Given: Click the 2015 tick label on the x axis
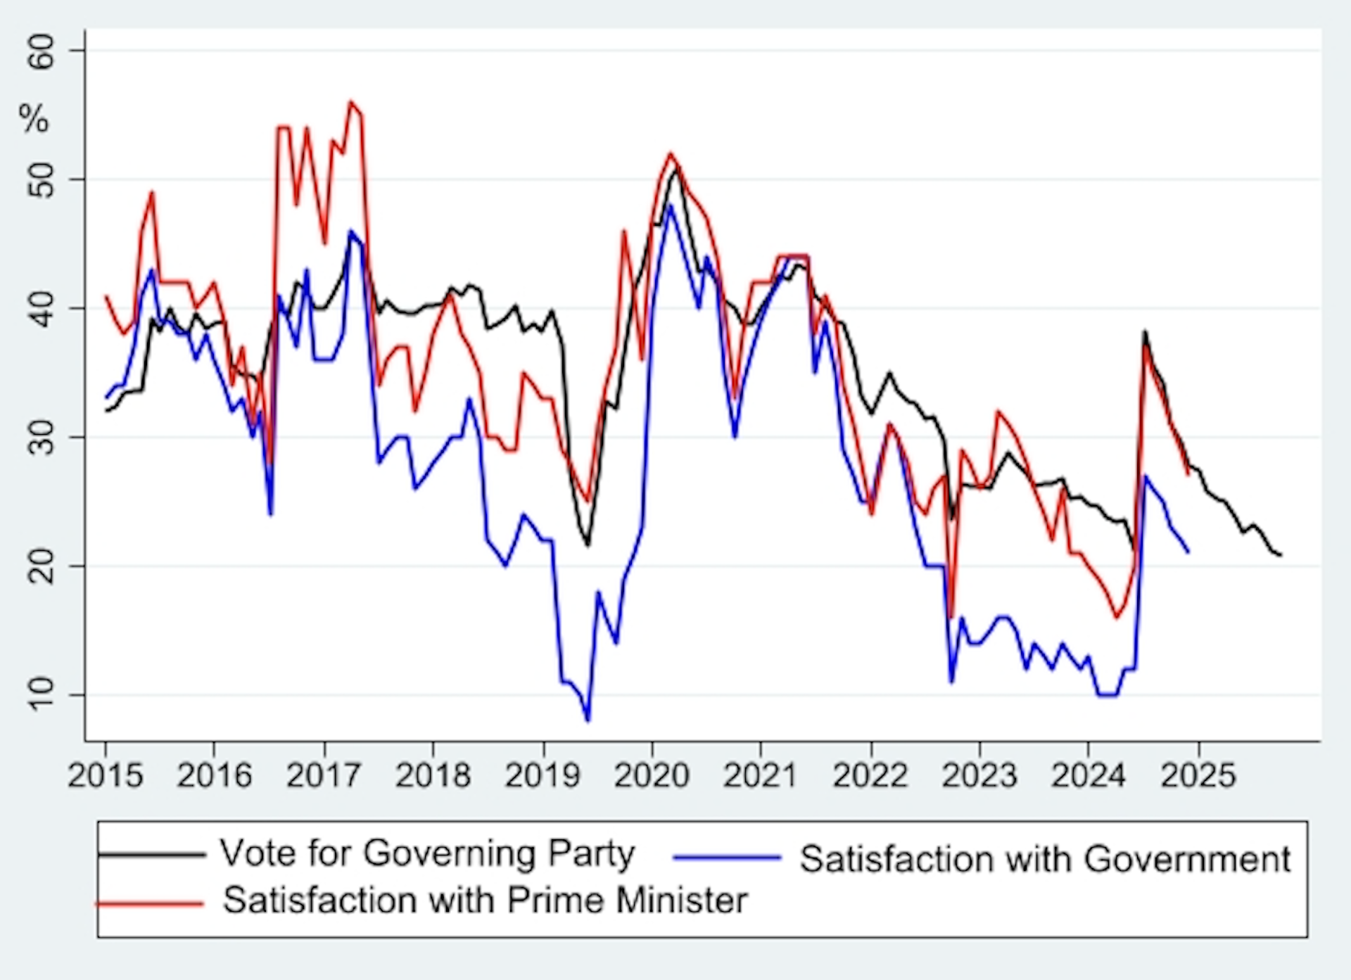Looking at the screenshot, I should (106, 775).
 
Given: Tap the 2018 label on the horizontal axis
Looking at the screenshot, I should (433, 775).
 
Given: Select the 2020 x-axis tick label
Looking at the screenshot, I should (652, 775).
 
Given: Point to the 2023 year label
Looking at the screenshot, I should (979, 775).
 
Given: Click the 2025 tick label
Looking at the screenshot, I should (1198, 775).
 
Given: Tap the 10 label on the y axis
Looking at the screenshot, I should (41, 695).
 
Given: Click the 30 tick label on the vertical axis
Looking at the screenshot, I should (41, 438).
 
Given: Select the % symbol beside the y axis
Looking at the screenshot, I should (34, 118).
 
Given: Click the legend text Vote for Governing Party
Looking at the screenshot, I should (427, 853).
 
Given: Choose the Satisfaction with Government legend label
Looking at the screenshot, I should (1045, 859).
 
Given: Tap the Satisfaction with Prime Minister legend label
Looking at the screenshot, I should (485, 901).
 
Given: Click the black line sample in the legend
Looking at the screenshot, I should (151, 855).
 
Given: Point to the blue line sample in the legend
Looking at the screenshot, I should (727, 857).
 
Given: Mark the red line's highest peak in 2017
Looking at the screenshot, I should (351, 101).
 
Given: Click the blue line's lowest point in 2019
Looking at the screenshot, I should (588, 720).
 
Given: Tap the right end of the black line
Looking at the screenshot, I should (1281, 555).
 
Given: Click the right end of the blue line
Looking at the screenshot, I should (1188, 552).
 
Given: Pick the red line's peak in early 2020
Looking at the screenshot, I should (670, 153).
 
